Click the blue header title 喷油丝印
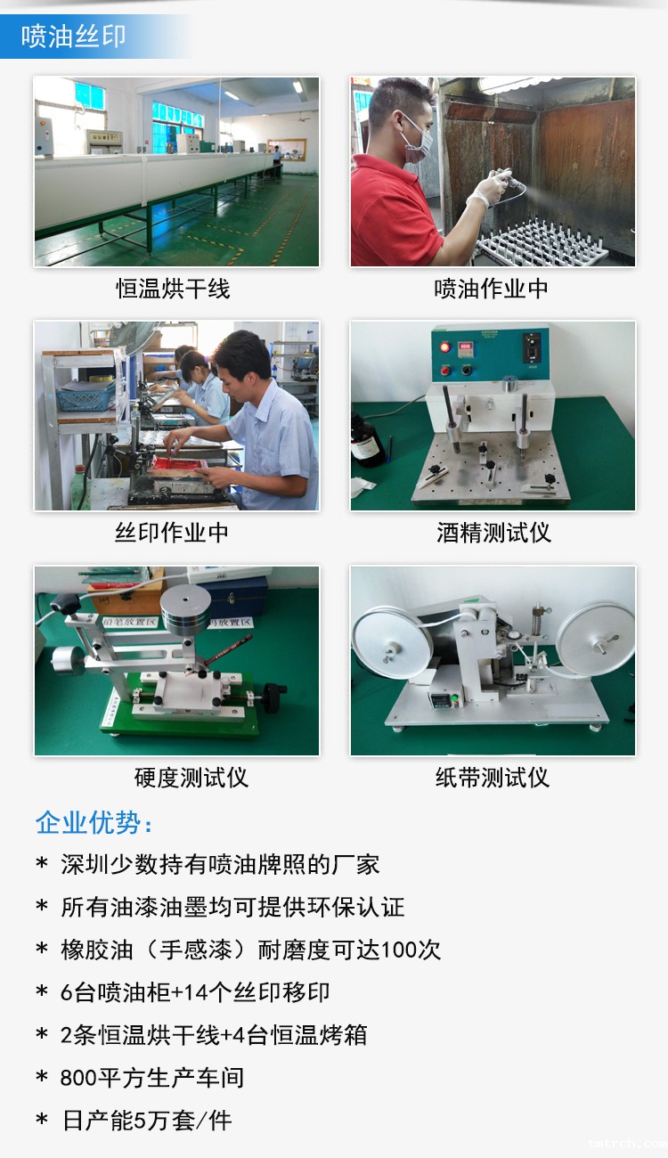tap(74, 37)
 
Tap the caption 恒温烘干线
tap(174, 289)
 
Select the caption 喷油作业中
tap(492, 289)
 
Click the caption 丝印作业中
tap(173, 533)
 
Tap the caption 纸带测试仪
tap(492, 778)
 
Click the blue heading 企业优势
tap(94, 822)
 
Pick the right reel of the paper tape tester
tap(596, 639)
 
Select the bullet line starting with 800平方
tap(151, 1078)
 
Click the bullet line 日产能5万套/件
tap(146, 1121)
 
